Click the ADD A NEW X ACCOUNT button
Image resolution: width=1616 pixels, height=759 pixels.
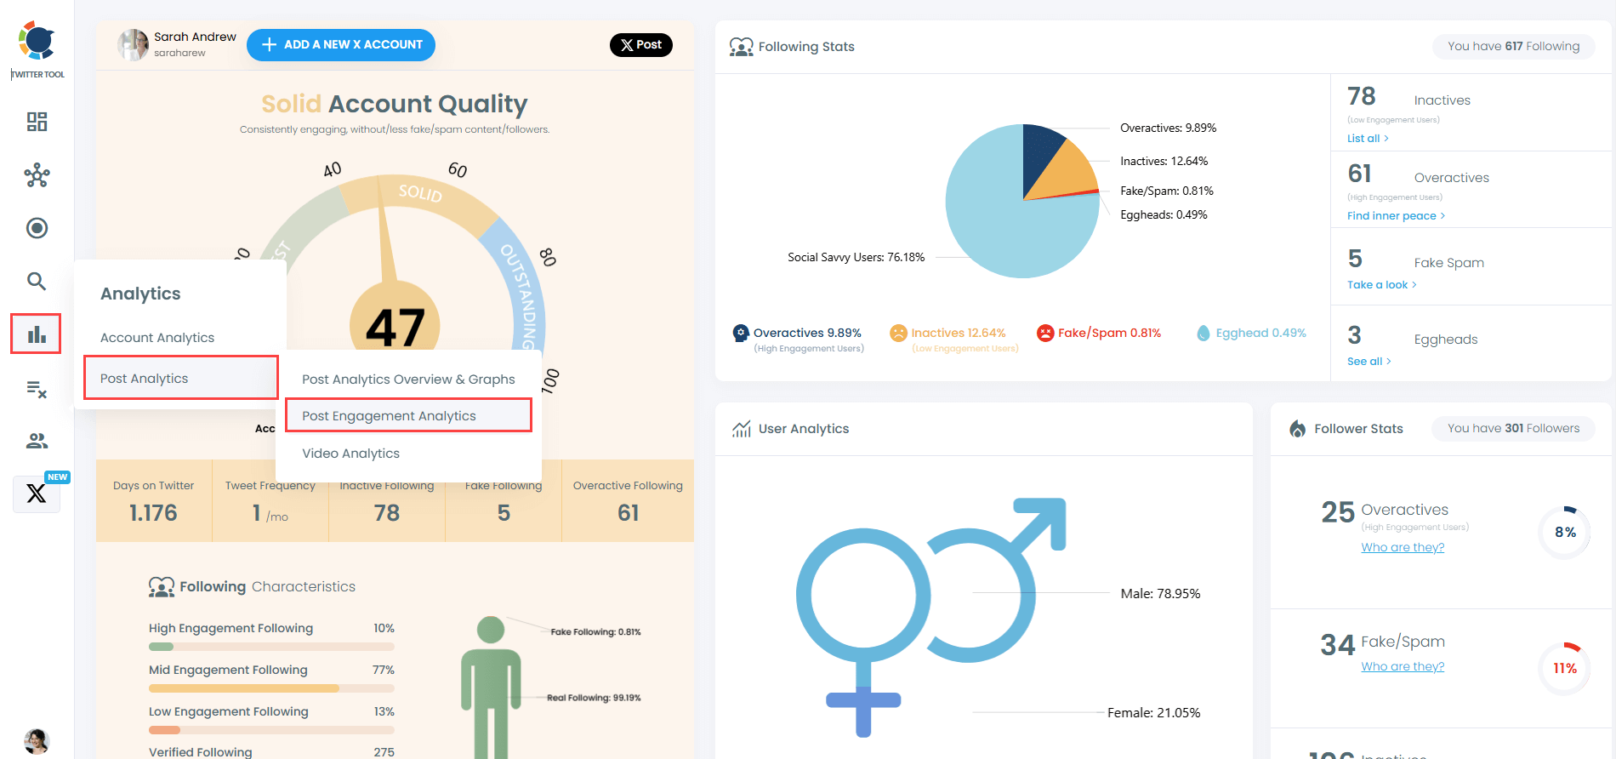point(340,45)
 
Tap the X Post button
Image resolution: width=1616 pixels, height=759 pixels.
point(640,45)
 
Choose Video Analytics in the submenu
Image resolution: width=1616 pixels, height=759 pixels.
point(350,454)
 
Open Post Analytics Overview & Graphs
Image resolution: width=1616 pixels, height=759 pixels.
point(408,379)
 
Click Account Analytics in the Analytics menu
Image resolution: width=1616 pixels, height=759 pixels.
point(157,338)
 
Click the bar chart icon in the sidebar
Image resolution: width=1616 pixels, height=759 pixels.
point(36,334)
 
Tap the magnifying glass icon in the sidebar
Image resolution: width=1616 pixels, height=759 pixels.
point(36,281)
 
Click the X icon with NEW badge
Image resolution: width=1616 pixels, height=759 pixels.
point(37,494)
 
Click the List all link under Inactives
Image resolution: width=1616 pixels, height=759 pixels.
point(1367,139)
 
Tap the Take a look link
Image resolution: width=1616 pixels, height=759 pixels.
point(1380,285)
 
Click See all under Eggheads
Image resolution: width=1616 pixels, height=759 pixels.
point(1368,362)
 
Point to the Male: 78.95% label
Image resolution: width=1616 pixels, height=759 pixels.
point(1160,594)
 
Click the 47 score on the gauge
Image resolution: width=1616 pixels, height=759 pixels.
point(395,328)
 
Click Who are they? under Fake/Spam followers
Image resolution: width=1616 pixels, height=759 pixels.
point(1403,667)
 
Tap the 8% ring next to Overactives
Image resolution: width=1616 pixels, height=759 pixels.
point(1564,533)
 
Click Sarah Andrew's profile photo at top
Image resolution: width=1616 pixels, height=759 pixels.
point(133,45)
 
